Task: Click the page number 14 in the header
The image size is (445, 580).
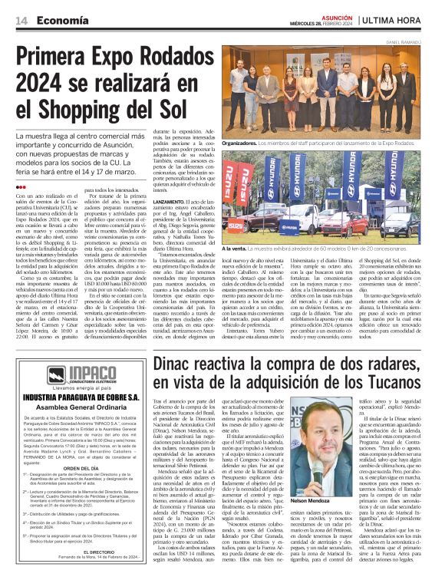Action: coord(21,21)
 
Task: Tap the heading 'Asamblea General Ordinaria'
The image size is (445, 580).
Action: coord(79,409)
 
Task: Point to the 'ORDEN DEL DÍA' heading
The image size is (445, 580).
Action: coord(79,468)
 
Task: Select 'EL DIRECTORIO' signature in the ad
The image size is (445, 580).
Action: coord(79,551)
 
